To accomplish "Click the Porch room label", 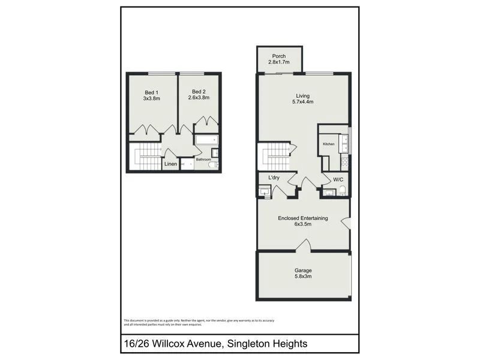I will pyautogui.click(x=279, y=56).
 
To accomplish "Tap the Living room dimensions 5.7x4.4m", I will pyautogui.click(x=302, y=102).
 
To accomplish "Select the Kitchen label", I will pyautogui.click(x=329, y=144).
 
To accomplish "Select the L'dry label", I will pyautogui.click(x=267, y=178).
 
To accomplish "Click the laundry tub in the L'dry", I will pyautogui.click(x=265, y=192).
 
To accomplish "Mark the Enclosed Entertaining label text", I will pyautogui.click(x=302, y=218).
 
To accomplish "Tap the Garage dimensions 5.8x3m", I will pyautogui.click(x=302, y=277).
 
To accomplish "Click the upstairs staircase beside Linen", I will pyautogui.click(x=145, y=157).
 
